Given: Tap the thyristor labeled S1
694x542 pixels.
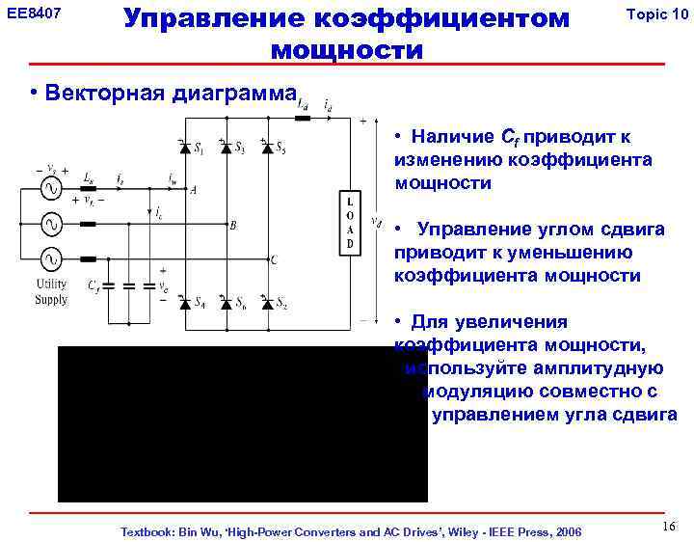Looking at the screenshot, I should [x=184, y=149].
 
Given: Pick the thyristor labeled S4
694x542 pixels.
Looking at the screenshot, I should [x=184, y=303].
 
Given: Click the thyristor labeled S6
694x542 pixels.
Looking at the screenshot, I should [x=226, y=303].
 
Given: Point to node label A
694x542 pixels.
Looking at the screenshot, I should [x=193, y=190].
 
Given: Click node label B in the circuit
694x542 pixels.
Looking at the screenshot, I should [x=232, y=226].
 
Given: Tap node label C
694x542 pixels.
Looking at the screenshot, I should [x=274, y=260].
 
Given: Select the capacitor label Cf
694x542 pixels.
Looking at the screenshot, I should [x=93, y=285].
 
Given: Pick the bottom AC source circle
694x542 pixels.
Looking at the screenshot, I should [x=48, y=259].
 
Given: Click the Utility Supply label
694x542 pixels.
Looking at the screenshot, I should [x=51, y=291].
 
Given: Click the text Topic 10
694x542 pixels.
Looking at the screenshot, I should [x=656, y=14].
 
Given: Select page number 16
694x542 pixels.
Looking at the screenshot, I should [x=670, y=525].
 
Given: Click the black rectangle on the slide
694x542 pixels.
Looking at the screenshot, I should [x=242, y=424].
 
